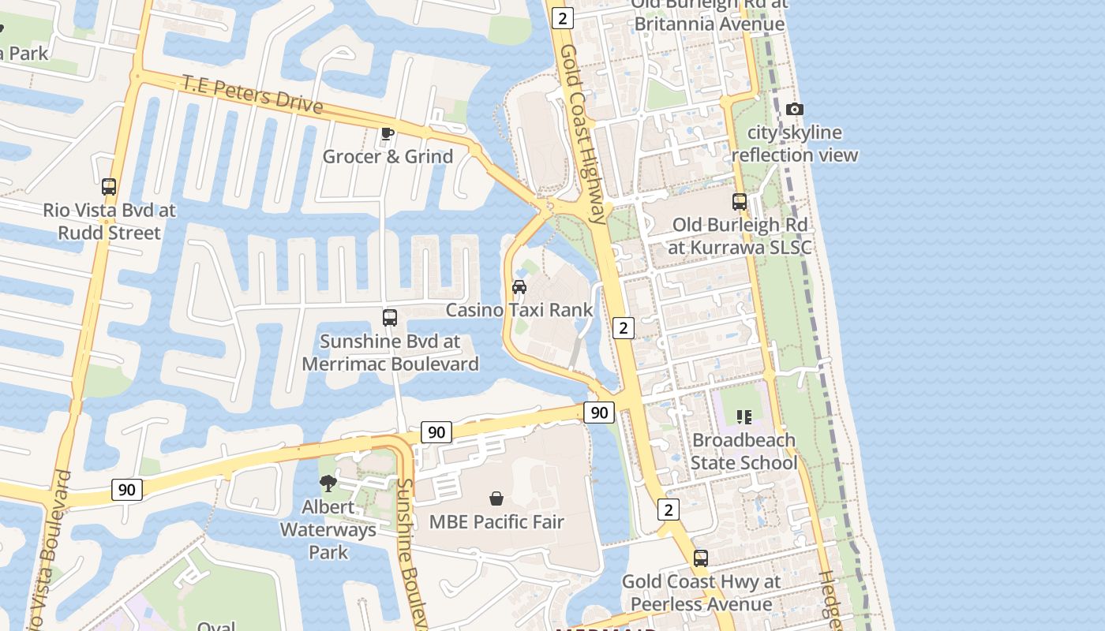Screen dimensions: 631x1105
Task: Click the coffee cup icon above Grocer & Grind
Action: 387,133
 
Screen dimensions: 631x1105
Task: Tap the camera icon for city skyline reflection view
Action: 795,110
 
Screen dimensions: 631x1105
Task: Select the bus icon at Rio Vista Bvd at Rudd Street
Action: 109,187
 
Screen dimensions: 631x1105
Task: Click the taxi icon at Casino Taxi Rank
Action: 519,286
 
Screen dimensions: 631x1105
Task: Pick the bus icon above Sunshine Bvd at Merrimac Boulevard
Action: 390,318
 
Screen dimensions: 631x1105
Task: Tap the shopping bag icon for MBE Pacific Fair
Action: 496,498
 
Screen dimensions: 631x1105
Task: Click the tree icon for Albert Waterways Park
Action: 328,483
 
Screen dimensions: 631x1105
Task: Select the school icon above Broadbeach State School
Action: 744,416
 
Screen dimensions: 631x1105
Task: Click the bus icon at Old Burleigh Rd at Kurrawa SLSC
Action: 740,202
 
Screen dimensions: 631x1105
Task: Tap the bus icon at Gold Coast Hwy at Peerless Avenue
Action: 701,558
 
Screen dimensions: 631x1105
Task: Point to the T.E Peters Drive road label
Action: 253,93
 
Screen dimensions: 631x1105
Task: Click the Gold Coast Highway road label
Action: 583,134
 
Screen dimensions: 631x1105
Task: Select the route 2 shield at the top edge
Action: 563,18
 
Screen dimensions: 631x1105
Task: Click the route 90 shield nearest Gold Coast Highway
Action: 599,412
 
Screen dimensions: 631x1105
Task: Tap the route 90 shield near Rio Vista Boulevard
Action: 126,490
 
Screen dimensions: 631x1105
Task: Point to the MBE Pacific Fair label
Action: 496,521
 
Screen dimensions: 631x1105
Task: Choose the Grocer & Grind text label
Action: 388,156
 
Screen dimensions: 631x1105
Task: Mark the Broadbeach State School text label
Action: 744,451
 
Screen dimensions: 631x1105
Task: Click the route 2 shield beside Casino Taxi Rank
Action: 624,327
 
